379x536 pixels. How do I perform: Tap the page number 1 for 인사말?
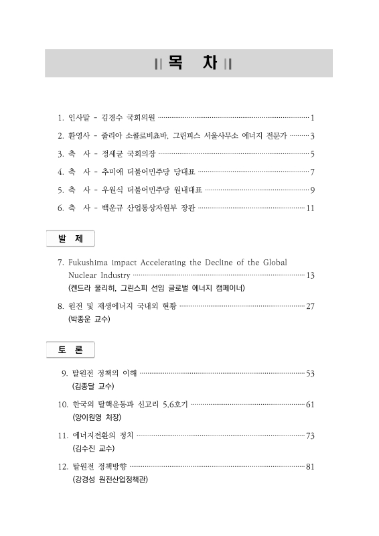pyautogui.click(x=313, y=118)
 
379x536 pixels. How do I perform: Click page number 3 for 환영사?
pyautogui.click(x=313, y=136)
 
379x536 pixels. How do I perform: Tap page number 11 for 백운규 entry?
pyautogui.click(x=310, y=208)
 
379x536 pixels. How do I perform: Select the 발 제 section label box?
pyautogui.click(x=70, y=239)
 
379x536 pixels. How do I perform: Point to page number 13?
pyautogui.click(x=310, y=275)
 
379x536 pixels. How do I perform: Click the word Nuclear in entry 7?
pyautogui.click(x=83, y=275)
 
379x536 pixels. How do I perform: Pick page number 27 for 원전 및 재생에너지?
pyautogui.click(x=310, y=307)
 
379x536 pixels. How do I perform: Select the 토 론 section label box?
pyautogui.click(x=70, y=350)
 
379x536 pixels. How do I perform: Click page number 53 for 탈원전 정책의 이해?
pyautogui.click(x=310, y=373)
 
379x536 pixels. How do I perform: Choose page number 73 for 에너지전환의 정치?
pyautogui.click(x=310, y=436)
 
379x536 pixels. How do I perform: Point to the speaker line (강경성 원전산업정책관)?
pyautogui.click(x=110, y=480)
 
